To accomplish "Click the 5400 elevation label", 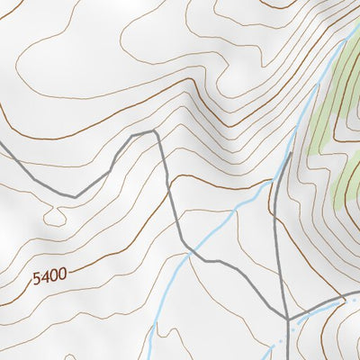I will tap(49, 278).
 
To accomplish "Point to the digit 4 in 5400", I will tap(44, 279).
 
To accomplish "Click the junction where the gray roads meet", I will tap(287, 319).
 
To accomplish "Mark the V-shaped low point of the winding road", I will tap(75, 195).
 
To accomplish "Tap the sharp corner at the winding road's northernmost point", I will tap(155, 131).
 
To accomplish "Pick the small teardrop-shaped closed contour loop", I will tap(55, 216).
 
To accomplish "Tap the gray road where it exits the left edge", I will tap(2, 142).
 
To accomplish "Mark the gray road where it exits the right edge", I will tap(357, 294).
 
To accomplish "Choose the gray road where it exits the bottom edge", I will tap(288, 357).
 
